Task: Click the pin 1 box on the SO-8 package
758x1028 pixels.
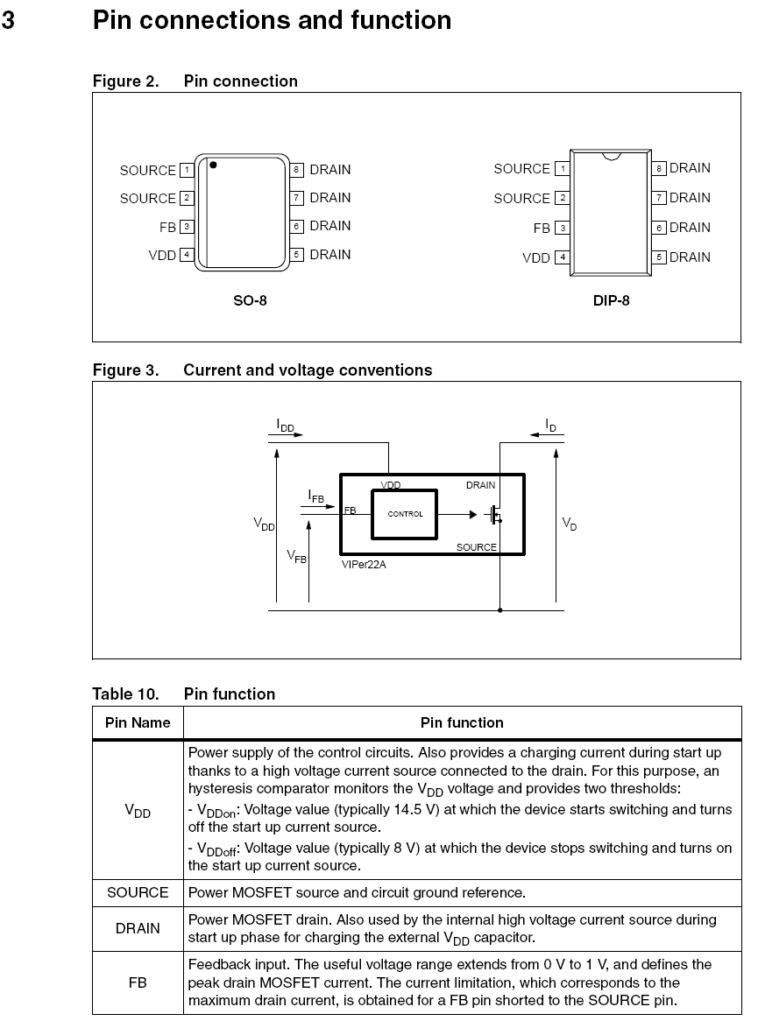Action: coord(187,170)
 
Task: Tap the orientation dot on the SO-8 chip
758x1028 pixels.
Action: coord(213,165)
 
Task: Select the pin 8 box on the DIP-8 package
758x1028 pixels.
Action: coord(659,168)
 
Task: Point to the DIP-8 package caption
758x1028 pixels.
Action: coord(611,300)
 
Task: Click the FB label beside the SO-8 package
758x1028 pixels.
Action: coord(167,227)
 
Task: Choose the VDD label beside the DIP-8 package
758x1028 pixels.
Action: coord(536,258)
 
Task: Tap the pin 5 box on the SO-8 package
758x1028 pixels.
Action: coord(297,255)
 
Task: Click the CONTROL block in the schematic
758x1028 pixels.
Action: coord(405,514)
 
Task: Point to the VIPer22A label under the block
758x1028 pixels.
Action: coord(364,565)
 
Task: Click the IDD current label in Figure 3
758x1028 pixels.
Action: coord(286,426)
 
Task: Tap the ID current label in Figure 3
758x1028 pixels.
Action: coord(550,426)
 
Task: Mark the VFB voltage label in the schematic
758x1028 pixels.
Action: coord(296,556)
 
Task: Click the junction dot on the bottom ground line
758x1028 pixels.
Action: coord(499,609)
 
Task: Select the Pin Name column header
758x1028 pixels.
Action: coord(138,723)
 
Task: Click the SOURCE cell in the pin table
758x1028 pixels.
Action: coord(138,892)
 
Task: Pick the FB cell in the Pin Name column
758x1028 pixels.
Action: coord(138,982)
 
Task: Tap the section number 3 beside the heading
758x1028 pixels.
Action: coord(8,19)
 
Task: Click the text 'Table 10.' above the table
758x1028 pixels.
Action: coord(125,694)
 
